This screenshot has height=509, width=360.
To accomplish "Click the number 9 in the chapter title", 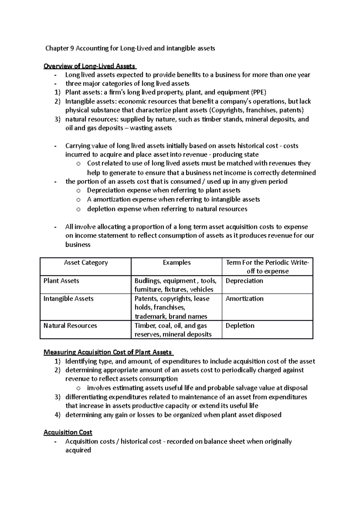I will click(x=72, y=48).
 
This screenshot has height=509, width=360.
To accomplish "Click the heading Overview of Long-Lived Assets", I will click(x=89, y=66).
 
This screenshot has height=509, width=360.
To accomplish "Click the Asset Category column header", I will click(x=85, y=263).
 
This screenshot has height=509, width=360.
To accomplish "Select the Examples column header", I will click(x=176, y=263).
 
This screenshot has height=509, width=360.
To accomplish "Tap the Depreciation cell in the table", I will click(x=244, y=281).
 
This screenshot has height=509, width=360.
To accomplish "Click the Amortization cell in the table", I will click(x=244, y=299).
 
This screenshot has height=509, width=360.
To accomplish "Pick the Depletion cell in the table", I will click(x=240, y=326).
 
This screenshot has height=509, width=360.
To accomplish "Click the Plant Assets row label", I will click(x=61, y=281).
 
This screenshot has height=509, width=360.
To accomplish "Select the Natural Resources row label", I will click(x=70, y=326).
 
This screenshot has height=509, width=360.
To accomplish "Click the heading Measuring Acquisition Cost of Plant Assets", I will click(x=107, y=352).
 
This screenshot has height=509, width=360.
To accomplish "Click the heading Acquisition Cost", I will click(x=68, y=432).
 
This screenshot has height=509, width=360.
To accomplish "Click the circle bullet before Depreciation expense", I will click(x=78, y=191).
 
